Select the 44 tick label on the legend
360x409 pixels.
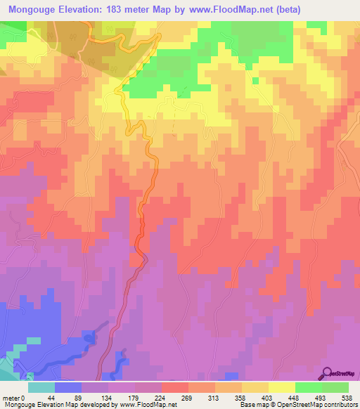point(50,398)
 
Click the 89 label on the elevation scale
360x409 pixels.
point(77,398)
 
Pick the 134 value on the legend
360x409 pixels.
point(105,398)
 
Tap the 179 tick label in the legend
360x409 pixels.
point(132,398)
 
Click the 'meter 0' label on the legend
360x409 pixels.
point(13,398)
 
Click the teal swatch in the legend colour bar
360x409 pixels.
point(41,387)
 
